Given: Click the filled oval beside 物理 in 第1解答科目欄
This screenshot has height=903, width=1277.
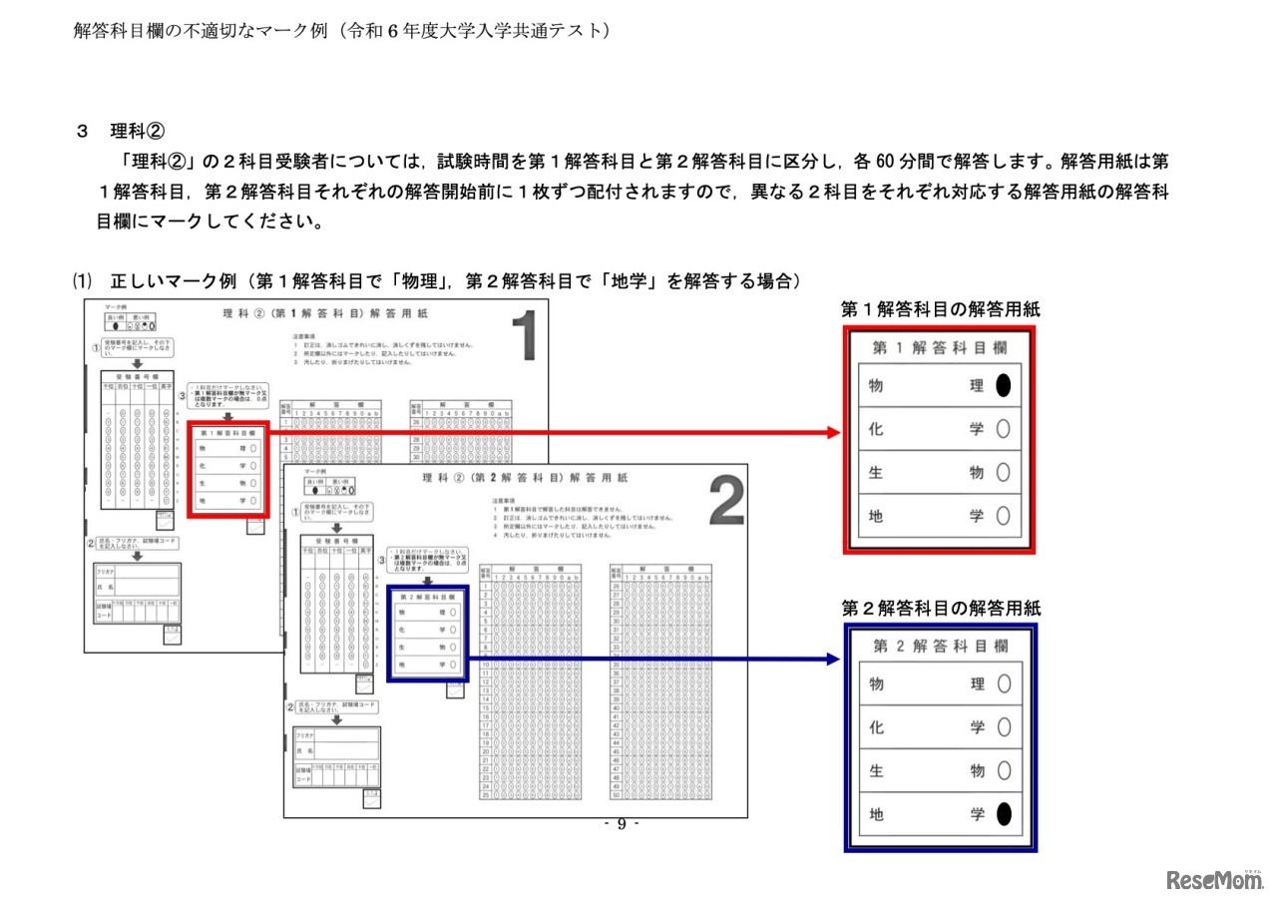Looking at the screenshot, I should point(1003,386).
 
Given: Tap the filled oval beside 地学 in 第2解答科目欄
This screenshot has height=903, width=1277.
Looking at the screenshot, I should point(1003,814).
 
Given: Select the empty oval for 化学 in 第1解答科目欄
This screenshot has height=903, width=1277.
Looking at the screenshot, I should point(1003,429).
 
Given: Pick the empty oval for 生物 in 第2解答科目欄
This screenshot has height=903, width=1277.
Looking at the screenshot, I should point(1003,771).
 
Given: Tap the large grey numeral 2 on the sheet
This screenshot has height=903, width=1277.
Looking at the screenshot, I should point(726,502).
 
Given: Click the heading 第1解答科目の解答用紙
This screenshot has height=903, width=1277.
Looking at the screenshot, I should point(940,309).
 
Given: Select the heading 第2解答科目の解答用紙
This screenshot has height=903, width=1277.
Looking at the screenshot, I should point(940,608).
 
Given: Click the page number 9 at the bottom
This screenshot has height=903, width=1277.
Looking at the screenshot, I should point(622,824).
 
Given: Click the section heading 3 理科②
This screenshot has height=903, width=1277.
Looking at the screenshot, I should point(120,131).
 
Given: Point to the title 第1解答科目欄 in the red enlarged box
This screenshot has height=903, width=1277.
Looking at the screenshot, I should point(939,347).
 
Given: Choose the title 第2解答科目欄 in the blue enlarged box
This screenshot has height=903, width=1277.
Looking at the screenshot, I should point(939,646).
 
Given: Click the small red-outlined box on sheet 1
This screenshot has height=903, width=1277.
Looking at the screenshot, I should point(229,469).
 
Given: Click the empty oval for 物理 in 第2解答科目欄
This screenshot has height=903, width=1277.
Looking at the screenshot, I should point(1003,684).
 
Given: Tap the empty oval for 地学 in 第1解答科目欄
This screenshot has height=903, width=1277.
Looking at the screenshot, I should point(1003,516).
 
